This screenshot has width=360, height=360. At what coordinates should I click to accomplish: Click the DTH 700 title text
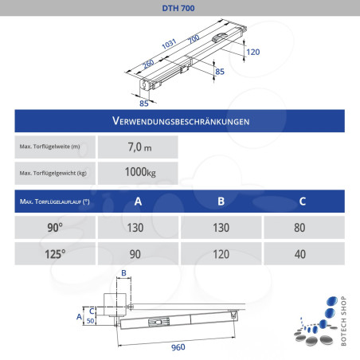pos(179,7)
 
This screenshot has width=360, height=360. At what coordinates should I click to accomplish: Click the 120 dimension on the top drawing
pos(252,52)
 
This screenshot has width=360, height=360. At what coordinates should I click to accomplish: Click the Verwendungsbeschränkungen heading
pos(179,122)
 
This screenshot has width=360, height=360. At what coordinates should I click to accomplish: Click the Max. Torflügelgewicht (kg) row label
pos(53,173)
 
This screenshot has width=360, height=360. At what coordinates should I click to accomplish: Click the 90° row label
pos(55,227)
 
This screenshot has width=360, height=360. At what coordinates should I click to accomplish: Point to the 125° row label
pos(55,255)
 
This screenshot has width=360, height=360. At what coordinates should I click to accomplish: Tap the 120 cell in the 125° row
pos(221,255)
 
